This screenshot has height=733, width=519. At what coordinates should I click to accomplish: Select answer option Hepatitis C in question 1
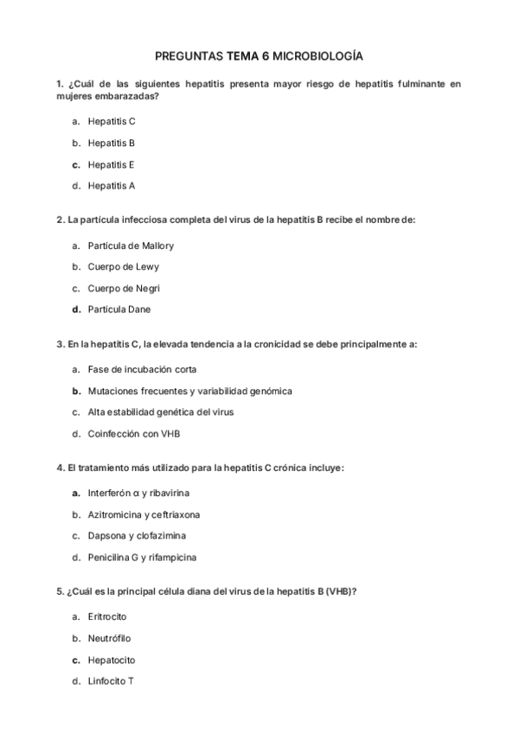(x=112, y=122)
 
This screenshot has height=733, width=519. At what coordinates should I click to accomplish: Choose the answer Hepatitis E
(x=112, y=164)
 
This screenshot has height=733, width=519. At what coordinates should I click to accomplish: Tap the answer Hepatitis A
(x=112, y=185)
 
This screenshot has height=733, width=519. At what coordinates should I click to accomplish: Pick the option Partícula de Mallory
(x=131, y=245)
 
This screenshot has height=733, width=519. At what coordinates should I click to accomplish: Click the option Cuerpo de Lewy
(x=124, y=267)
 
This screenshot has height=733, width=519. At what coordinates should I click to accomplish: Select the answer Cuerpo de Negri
(x=125, y=288)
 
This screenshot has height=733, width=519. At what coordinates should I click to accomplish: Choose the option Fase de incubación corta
(x=142, y=370)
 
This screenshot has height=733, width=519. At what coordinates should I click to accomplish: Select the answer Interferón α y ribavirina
(x=138, y=494)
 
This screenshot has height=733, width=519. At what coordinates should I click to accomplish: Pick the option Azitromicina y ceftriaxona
(x=144, y=514)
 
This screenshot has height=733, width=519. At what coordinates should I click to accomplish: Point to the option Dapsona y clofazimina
(x=137, y=536)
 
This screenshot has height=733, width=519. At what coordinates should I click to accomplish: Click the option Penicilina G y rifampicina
(x=142, y=557)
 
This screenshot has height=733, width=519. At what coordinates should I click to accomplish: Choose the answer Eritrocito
(x=107, y=618)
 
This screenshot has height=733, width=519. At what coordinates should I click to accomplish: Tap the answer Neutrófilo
(x=110, y=639)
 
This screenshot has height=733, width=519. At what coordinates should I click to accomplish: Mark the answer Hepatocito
(x=112, y=660)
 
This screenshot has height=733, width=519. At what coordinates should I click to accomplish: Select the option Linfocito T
(x=111, y=681)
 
